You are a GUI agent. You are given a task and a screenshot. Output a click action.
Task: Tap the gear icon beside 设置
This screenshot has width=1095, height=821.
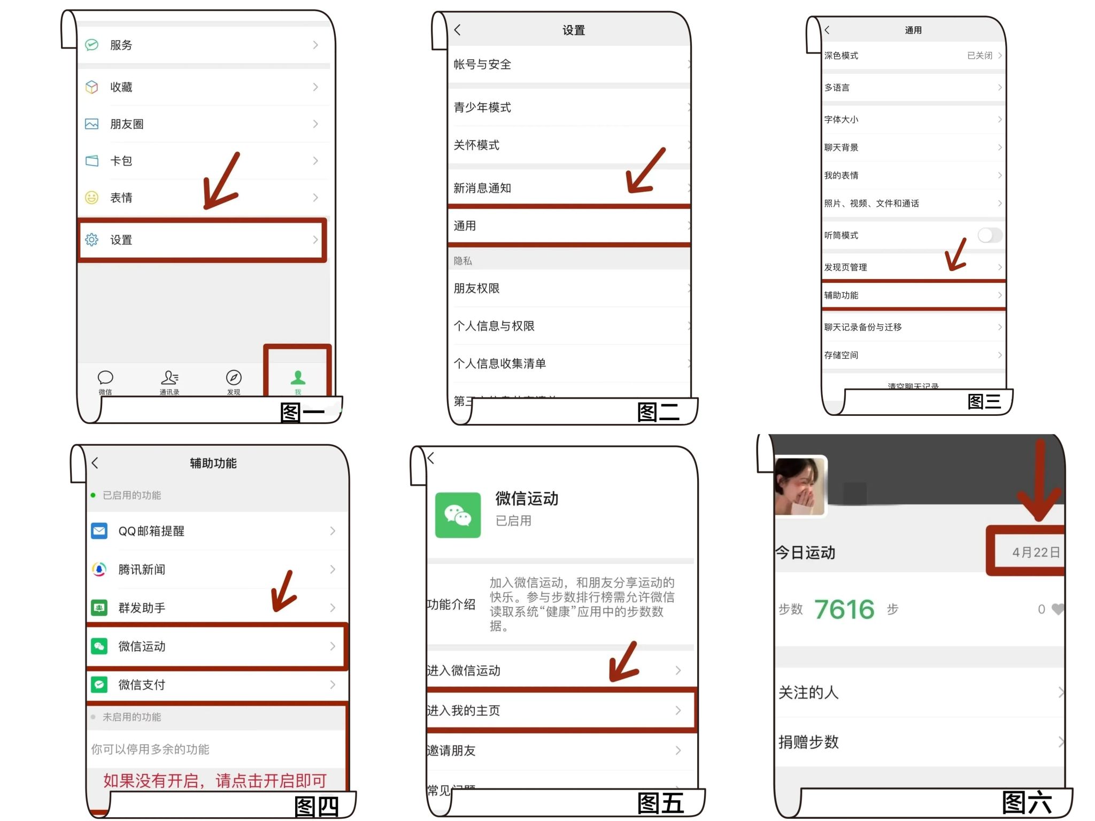click(x=92, y=240)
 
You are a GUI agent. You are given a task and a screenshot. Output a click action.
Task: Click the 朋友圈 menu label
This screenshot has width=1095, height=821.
click(x=127, y=124)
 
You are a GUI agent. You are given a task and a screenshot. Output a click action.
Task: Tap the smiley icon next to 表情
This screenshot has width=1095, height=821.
click(x=92, y=198)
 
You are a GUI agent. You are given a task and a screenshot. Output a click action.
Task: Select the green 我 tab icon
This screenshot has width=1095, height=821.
click(x=298, y=378)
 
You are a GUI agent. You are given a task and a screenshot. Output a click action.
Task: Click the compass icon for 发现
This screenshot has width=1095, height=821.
click(x=234, y=378)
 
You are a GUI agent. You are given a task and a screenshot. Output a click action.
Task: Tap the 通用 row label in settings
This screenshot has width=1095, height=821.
click(x=465, y=226)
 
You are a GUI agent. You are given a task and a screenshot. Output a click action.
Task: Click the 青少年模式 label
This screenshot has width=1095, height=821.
click(x=482, y=107)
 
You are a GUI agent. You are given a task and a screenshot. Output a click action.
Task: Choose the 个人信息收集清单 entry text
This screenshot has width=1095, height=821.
click(x=500, y=363)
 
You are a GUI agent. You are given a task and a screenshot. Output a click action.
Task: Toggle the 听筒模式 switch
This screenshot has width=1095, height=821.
click(x=990, y=235)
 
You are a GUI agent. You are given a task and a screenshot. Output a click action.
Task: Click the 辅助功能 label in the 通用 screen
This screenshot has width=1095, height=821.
click(x=841, y=295)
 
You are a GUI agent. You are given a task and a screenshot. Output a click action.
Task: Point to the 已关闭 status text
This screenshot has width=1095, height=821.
click(x=980, y=56)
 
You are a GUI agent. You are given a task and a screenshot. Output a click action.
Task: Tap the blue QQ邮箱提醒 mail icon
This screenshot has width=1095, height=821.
click(x=99, y=531)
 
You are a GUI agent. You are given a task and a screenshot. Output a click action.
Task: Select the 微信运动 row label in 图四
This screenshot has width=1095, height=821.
click(x=142, y=646)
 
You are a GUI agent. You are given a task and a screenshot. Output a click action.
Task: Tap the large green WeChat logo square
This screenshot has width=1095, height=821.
click(x=458, y=515)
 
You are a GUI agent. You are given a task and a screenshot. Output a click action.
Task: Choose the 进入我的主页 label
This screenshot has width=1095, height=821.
click(x=463, y=710)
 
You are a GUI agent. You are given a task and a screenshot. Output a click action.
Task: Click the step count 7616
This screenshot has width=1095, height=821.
click(x=844, y=609)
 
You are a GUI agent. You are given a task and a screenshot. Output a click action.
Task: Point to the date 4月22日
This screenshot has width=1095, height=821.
click(x=1036, y=553)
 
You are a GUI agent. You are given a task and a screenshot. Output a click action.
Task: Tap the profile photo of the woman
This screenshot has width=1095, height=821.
click(x=800, y=486)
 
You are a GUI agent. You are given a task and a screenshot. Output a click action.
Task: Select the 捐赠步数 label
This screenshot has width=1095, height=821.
click(x=808, y=742)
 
